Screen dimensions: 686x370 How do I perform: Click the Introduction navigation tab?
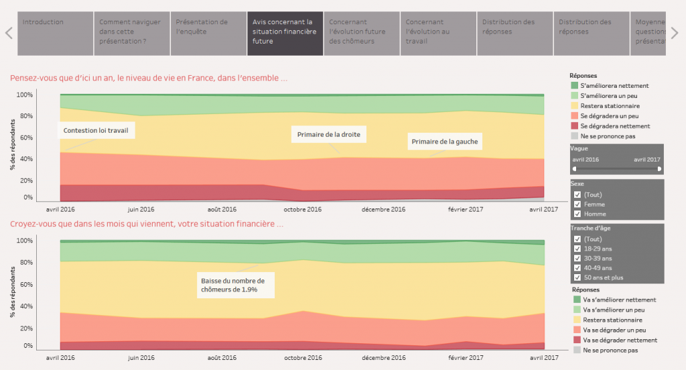tap(55, 34)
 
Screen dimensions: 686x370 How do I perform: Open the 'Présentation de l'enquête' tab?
tap(208, 34)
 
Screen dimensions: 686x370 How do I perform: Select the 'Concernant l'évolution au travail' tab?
tap(438, 34)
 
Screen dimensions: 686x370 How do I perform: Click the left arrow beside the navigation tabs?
tap(9, 34)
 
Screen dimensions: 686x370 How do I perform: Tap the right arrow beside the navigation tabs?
tap(675, 34)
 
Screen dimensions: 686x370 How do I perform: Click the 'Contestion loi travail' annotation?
tap(96, 131)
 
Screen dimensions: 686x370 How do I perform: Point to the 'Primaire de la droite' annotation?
tap(328, 135)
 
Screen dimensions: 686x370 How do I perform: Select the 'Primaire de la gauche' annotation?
tap(445, 141)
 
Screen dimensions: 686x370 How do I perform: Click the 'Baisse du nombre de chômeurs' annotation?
tap(235, 285)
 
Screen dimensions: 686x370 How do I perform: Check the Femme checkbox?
tap(577, 204)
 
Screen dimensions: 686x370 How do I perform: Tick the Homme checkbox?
tap(577, 214)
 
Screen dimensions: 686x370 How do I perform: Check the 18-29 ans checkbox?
tap(577, 249)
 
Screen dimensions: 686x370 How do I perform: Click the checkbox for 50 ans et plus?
tap(577, 277)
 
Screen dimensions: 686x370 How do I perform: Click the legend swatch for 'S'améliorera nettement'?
tap(574, 85)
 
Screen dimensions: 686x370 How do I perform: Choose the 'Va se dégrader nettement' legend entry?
tap(615, 341)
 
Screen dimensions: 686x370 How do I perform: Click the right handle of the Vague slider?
tap(659, 169)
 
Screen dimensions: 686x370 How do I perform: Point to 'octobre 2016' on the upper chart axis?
tap(302, 209)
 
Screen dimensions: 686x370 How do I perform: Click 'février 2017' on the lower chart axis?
tap(466, 358)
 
